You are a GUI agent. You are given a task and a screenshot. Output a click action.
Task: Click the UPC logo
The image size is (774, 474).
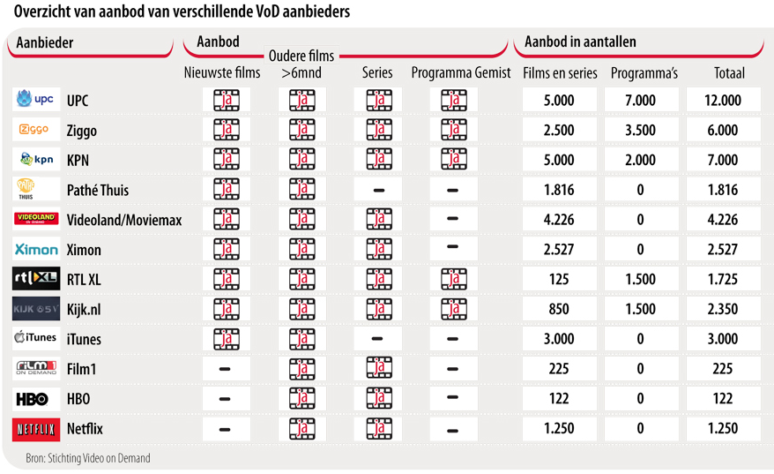[36, 100]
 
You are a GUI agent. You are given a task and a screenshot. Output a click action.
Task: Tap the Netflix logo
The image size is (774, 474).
[36, 429]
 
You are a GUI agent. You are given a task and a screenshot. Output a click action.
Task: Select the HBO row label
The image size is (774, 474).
[78, 399]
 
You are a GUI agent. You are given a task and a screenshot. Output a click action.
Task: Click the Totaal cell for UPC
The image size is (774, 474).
[723, 101]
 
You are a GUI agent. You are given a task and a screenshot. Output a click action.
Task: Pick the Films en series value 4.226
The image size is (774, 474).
[559, 220]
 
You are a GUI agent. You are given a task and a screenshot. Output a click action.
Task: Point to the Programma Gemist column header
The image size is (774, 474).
[461, 73]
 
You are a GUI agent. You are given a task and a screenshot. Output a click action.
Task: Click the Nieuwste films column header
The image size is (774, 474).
[222, 73]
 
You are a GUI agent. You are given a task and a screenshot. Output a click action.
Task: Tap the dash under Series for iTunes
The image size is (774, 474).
[378, 339]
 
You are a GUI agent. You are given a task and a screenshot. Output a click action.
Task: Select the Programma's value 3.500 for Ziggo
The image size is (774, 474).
[640, 131]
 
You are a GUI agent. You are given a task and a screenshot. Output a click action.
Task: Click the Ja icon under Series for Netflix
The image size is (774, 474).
[378, 429]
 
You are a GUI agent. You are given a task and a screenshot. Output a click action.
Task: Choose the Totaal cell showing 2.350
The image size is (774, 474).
[723, 310]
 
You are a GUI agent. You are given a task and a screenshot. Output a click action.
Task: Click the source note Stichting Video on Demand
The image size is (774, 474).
[88, 458]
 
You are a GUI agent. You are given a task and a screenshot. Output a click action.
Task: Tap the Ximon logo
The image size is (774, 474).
[36, 250]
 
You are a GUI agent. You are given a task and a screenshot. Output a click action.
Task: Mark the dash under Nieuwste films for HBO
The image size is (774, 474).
[225, 399]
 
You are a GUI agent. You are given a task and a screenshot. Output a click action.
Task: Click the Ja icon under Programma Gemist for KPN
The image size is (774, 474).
[453, 160]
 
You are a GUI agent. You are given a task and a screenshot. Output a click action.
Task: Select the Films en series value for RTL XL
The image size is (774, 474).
[559, 280]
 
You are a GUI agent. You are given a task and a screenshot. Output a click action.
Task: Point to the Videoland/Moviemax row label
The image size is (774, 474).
[124, 220]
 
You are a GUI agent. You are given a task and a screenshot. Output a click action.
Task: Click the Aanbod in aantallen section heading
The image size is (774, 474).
[580, 41]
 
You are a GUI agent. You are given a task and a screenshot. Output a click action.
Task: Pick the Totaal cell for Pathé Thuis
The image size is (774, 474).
[723, 190]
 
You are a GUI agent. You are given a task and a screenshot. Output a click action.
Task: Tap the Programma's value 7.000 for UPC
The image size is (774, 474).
[640, 101]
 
